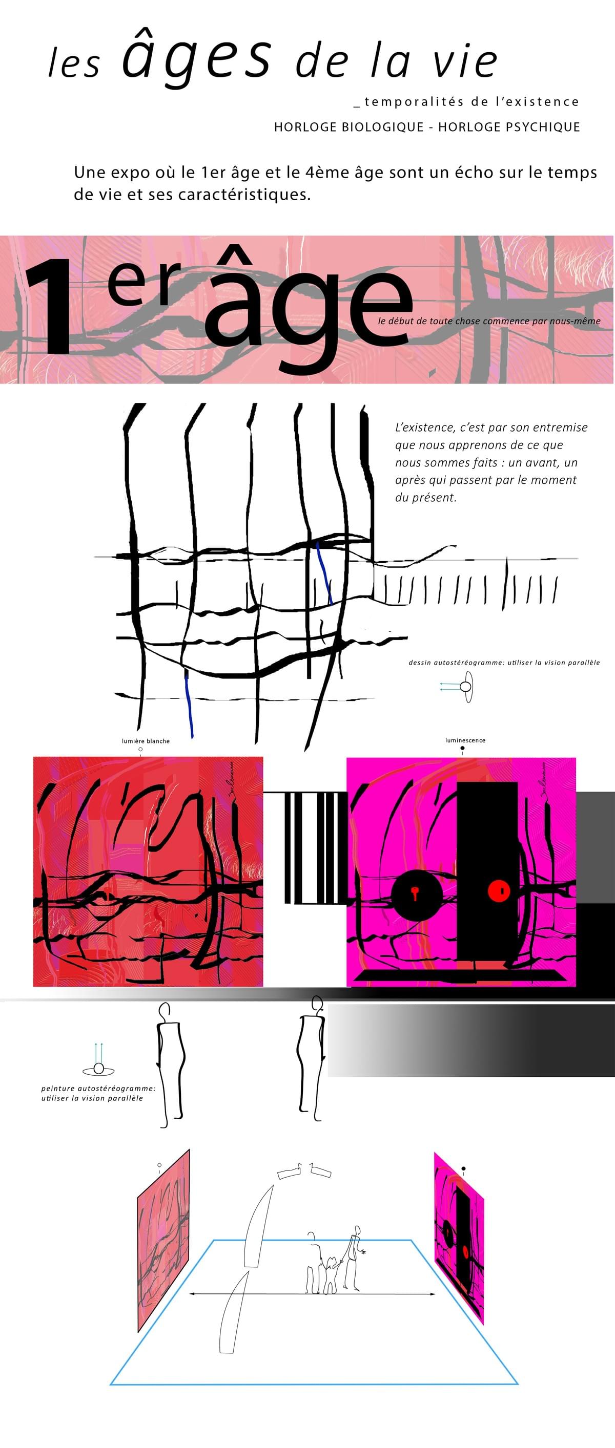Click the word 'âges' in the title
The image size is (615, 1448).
197,56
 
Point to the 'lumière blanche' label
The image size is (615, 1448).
146,741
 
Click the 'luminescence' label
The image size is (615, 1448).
465,740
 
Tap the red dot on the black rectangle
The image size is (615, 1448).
498,890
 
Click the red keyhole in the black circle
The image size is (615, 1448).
415,892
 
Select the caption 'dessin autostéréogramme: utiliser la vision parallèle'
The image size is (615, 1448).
504,663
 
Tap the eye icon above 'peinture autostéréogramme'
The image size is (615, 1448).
99,1068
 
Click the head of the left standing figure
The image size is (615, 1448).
165,1010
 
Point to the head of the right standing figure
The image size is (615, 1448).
317,1004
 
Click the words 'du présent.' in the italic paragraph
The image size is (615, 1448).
425,498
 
